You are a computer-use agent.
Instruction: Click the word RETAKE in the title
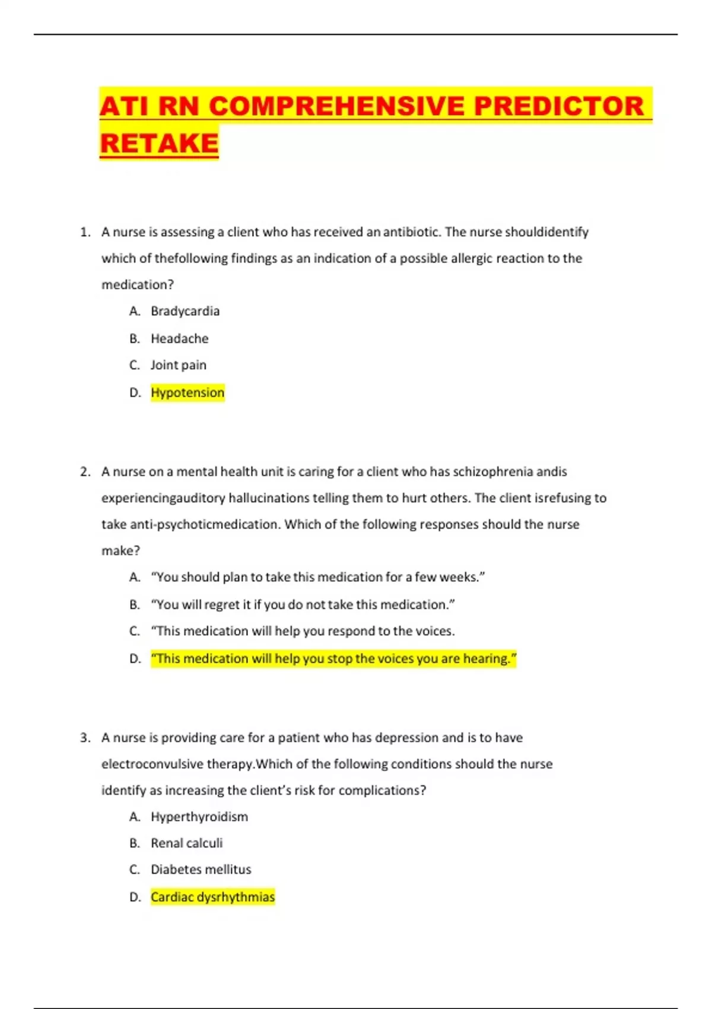159,143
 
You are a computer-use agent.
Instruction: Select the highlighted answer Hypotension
187,392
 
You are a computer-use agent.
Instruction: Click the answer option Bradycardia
185,311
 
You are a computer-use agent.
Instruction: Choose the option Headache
179,338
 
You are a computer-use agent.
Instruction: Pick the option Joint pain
178,365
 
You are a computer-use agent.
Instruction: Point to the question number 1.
85,232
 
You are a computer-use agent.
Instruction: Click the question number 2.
85,472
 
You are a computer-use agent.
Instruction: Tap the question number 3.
85,738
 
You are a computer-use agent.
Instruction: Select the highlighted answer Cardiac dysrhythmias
212,897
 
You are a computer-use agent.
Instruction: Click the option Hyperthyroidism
199,817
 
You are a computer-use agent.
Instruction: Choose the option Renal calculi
186,843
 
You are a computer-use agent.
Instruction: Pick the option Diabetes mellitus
201,870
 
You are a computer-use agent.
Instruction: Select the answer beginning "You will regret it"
303,604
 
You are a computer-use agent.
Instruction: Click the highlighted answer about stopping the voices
333,658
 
